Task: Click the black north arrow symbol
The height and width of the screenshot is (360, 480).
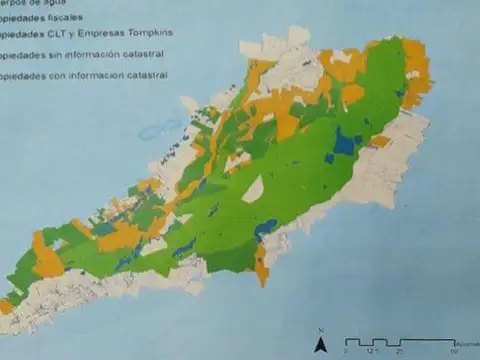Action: (320, 345)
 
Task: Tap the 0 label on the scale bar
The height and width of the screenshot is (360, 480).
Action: (346, 351)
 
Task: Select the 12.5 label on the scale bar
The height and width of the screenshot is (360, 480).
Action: (372, 351)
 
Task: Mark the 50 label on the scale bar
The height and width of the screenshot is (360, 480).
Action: (452, 351)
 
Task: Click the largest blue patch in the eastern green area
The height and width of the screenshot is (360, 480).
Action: (344, 144)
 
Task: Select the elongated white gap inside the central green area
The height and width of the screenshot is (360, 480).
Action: (253, 189)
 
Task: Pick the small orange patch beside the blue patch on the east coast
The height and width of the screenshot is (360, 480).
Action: (379, 142)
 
